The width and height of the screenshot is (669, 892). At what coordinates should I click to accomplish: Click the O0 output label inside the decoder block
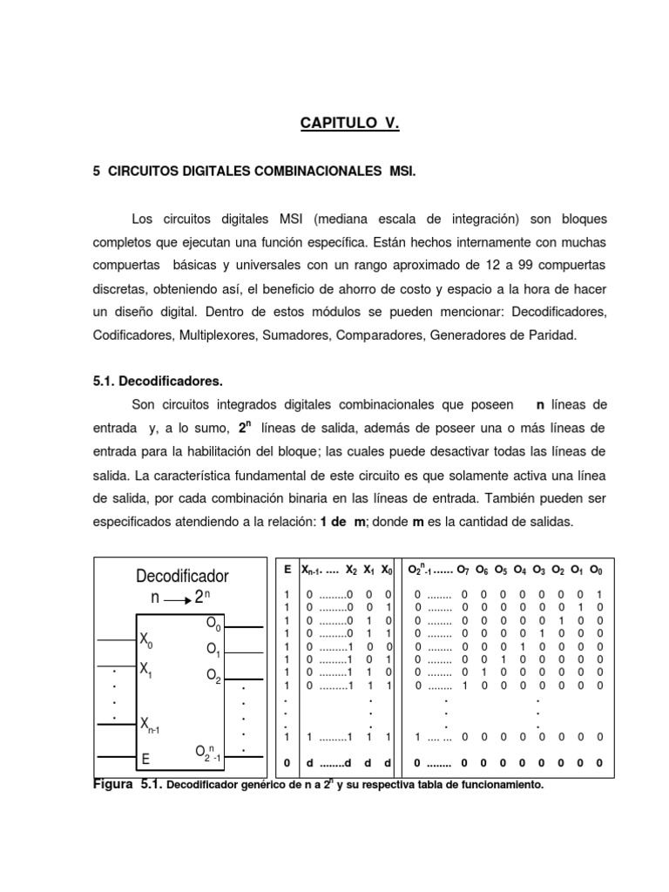tap(213, 624)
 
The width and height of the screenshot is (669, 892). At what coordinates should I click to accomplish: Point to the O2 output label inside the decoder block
tap(213, 674)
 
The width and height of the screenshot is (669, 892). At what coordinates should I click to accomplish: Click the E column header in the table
tap(287, 569)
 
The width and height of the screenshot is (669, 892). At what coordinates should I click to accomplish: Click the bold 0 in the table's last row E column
tap(287, 763)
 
